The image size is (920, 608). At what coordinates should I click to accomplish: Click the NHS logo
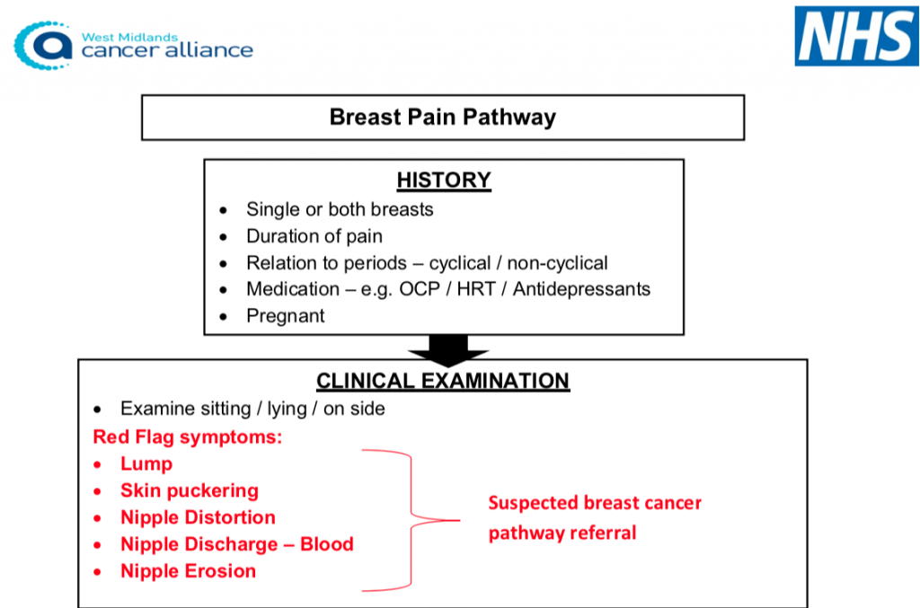click(x=855, y=36)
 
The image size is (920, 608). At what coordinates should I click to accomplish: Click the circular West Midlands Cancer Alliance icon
click(x=45, y=45)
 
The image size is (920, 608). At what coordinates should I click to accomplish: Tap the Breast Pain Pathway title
click(x=442, y=118)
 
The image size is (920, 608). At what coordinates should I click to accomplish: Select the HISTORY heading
click(x=444, y=180)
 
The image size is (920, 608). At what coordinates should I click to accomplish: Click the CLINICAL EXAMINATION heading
click(x=442, y=381)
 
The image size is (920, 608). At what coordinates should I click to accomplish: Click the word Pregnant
click(x=286, y=315)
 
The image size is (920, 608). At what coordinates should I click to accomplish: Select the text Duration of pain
click(x=314, y=236)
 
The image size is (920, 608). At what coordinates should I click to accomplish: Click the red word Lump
click(x=146, y=464)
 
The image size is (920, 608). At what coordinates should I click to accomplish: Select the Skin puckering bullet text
click(x=190, y=491)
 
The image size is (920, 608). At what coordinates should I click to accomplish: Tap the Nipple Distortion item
click(x=198, y=517)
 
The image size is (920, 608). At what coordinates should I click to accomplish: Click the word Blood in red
click(x=326, y=544)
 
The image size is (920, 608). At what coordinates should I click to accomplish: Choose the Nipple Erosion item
click(x=188, y=571)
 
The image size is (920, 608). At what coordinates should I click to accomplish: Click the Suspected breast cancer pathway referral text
click(x=594, y=517)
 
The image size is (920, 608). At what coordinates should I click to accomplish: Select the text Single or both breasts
click(x=340, y=209)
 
